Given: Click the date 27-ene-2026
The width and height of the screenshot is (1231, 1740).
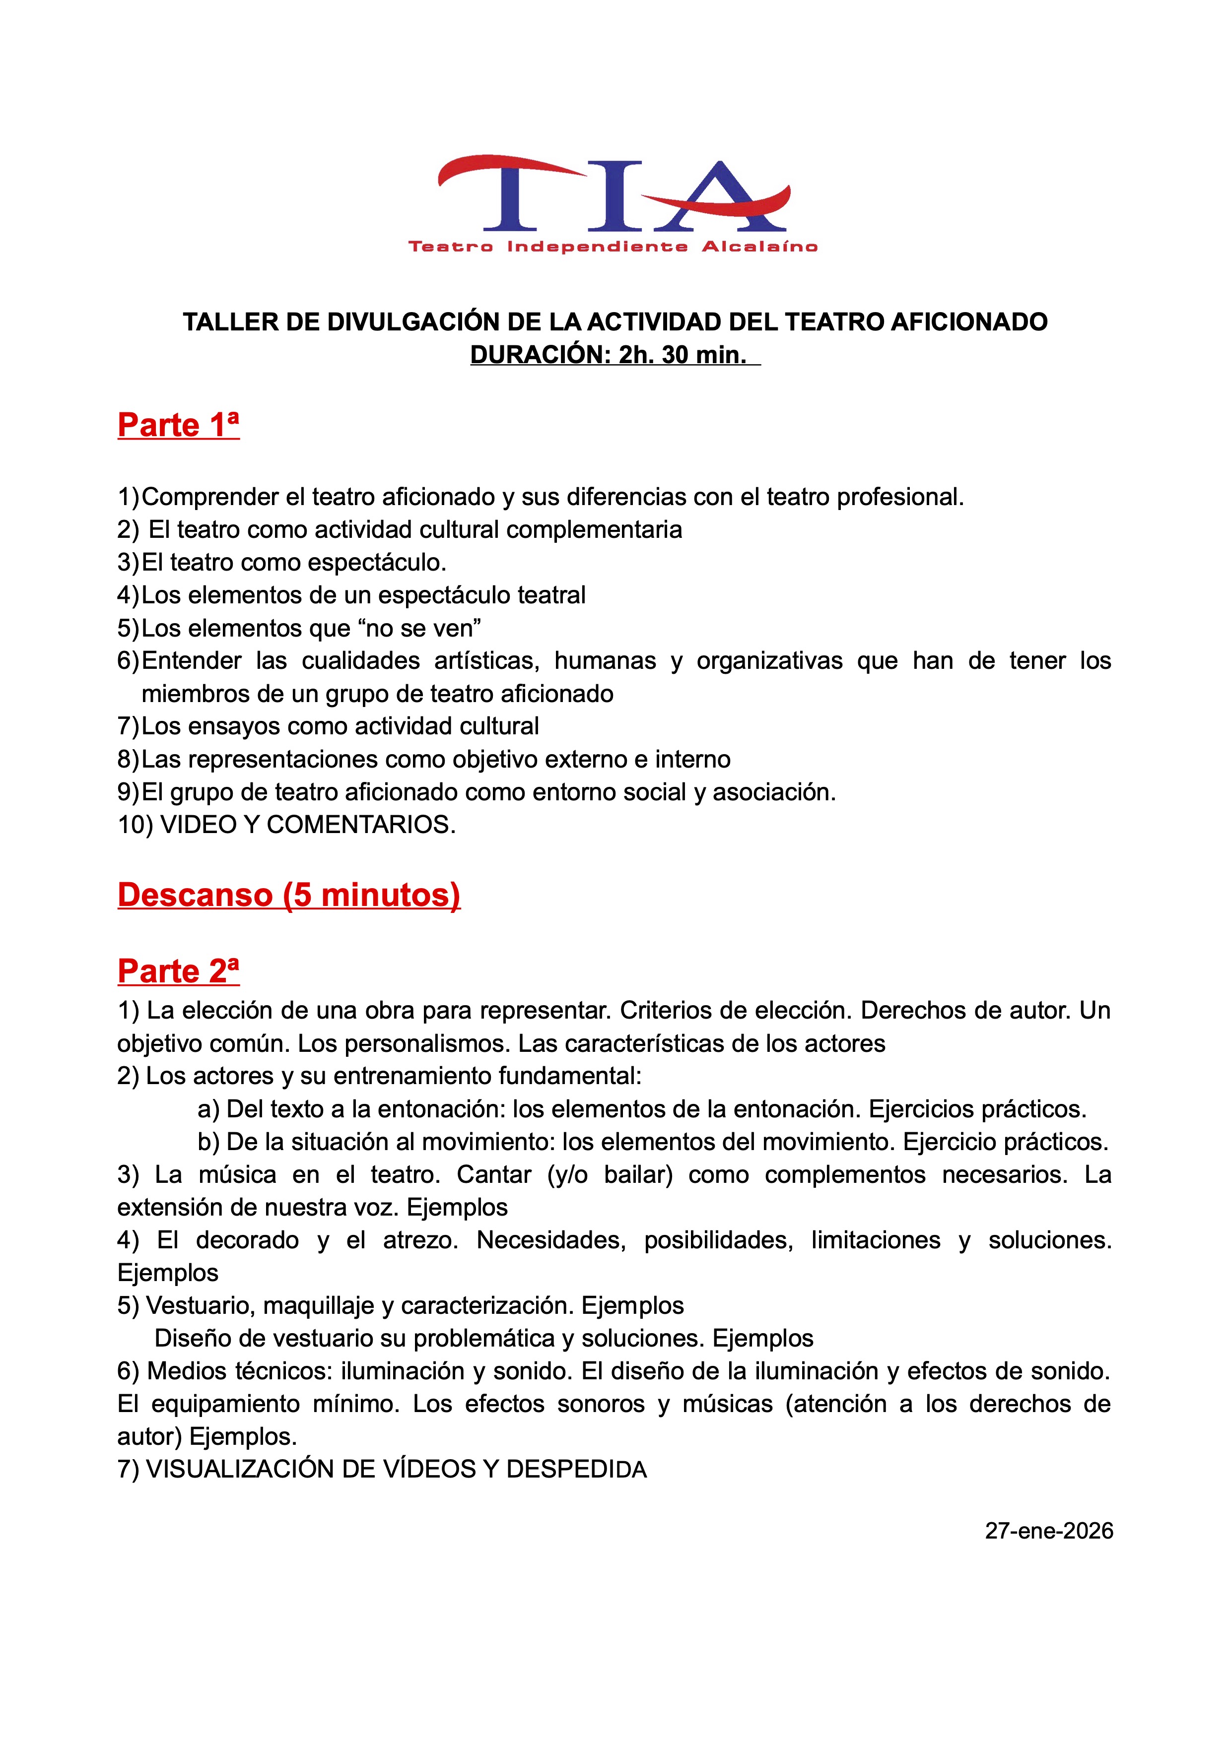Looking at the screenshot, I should (1048, 1530).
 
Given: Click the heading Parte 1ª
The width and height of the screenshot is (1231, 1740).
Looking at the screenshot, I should (178, 425).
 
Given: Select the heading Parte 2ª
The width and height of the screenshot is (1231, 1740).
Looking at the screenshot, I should (178, 971).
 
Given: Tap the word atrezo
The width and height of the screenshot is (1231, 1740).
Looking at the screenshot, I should (420, 1240).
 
